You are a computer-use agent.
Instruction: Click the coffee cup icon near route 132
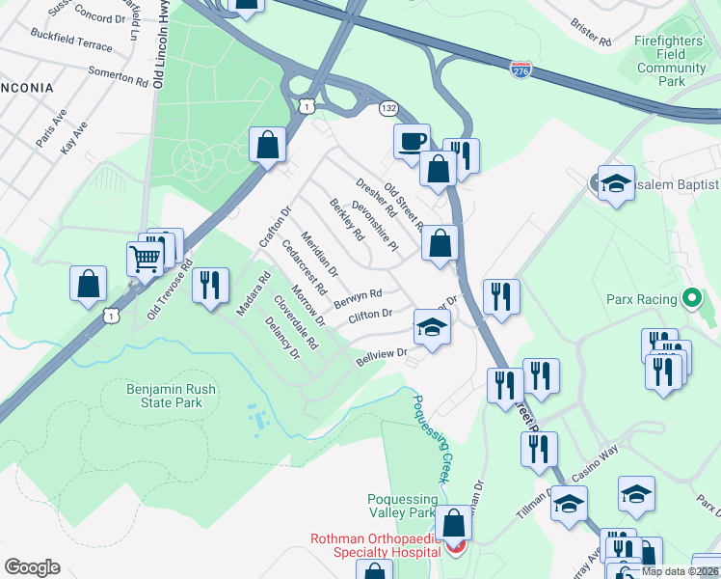tap(412, 142)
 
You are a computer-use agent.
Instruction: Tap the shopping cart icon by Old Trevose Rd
tap(145, 258)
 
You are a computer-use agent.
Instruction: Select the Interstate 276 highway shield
tap(520, 69)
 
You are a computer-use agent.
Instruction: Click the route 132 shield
tap(387, 108)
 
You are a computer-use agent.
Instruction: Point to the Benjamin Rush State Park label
tap(166, 396)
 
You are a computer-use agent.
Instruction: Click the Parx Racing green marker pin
tap(689, 299)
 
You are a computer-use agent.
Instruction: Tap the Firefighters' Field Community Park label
tap(673, 61)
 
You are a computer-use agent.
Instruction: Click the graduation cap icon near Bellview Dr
tap(432, 328)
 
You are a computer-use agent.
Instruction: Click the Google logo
tap(32, 567)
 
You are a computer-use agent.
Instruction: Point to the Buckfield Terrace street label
tap(71, 44)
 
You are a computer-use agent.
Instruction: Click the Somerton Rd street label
tap(118, 75)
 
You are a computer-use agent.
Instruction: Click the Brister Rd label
tap(591, 35)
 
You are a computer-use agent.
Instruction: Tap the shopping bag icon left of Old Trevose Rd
tap(88, 285)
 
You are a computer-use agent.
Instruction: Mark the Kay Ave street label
tap(73, 137)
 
